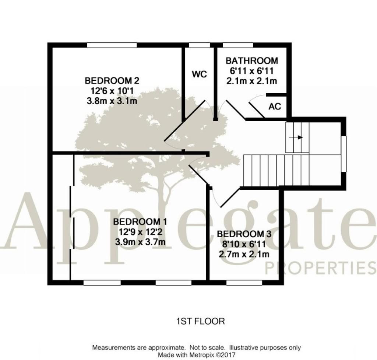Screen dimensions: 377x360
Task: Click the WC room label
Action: [x=199, y=74]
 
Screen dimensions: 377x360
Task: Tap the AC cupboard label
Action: [x=275, y=106]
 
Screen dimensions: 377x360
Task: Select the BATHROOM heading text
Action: [x=252, y=61]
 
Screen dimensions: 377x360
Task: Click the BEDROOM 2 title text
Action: [x=112, y=80]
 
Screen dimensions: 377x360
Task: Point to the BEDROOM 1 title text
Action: [x=140, y=221]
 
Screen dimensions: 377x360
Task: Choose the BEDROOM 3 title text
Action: [x=244, y=234]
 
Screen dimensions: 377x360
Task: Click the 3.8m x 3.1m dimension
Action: [x=112, y=101]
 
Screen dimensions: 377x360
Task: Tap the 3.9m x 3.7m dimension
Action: [x=140, y=242]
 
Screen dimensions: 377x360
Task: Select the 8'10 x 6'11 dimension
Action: [x=244, y=244]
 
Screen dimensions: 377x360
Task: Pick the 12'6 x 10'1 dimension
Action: [x=112, y=91]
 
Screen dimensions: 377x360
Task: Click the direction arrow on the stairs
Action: [x=296, y=137]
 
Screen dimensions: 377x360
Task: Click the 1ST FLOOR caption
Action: [x=201, y=321]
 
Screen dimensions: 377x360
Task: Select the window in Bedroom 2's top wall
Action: [x=112, y=45]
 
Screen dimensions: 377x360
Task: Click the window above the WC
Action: [x=199, y=45]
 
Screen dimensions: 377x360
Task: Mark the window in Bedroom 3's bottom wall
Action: [x=244, y=283]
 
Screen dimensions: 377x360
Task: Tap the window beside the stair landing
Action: [x=344, y=154]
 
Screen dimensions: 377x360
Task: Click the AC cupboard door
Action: [x=257, y=110]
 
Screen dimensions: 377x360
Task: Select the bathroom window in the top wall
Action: [x=238, y=45]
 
